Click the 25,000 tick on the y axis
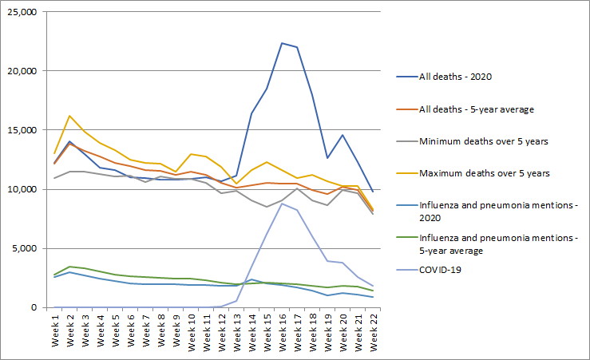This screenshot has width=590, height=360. click(21, 12)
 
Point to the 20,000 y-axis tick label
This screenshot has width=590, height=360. click(21, 71)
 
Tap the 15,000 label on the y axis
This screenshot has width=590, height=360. click(21, 130)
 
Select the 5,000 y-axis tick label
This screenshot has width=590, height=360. click(24, 248)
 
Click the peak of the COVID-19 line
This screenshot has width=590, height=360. click(283, 203)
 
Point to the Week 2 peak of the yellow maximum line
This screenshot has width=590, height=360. click(70, 116)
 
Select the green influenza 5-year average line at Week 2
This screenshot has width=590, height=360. click(70, 267)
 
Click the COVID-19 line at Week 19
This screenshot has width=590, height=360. click(327, 260)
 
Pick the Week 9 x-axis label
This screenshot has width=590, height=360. click(176, 330)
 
